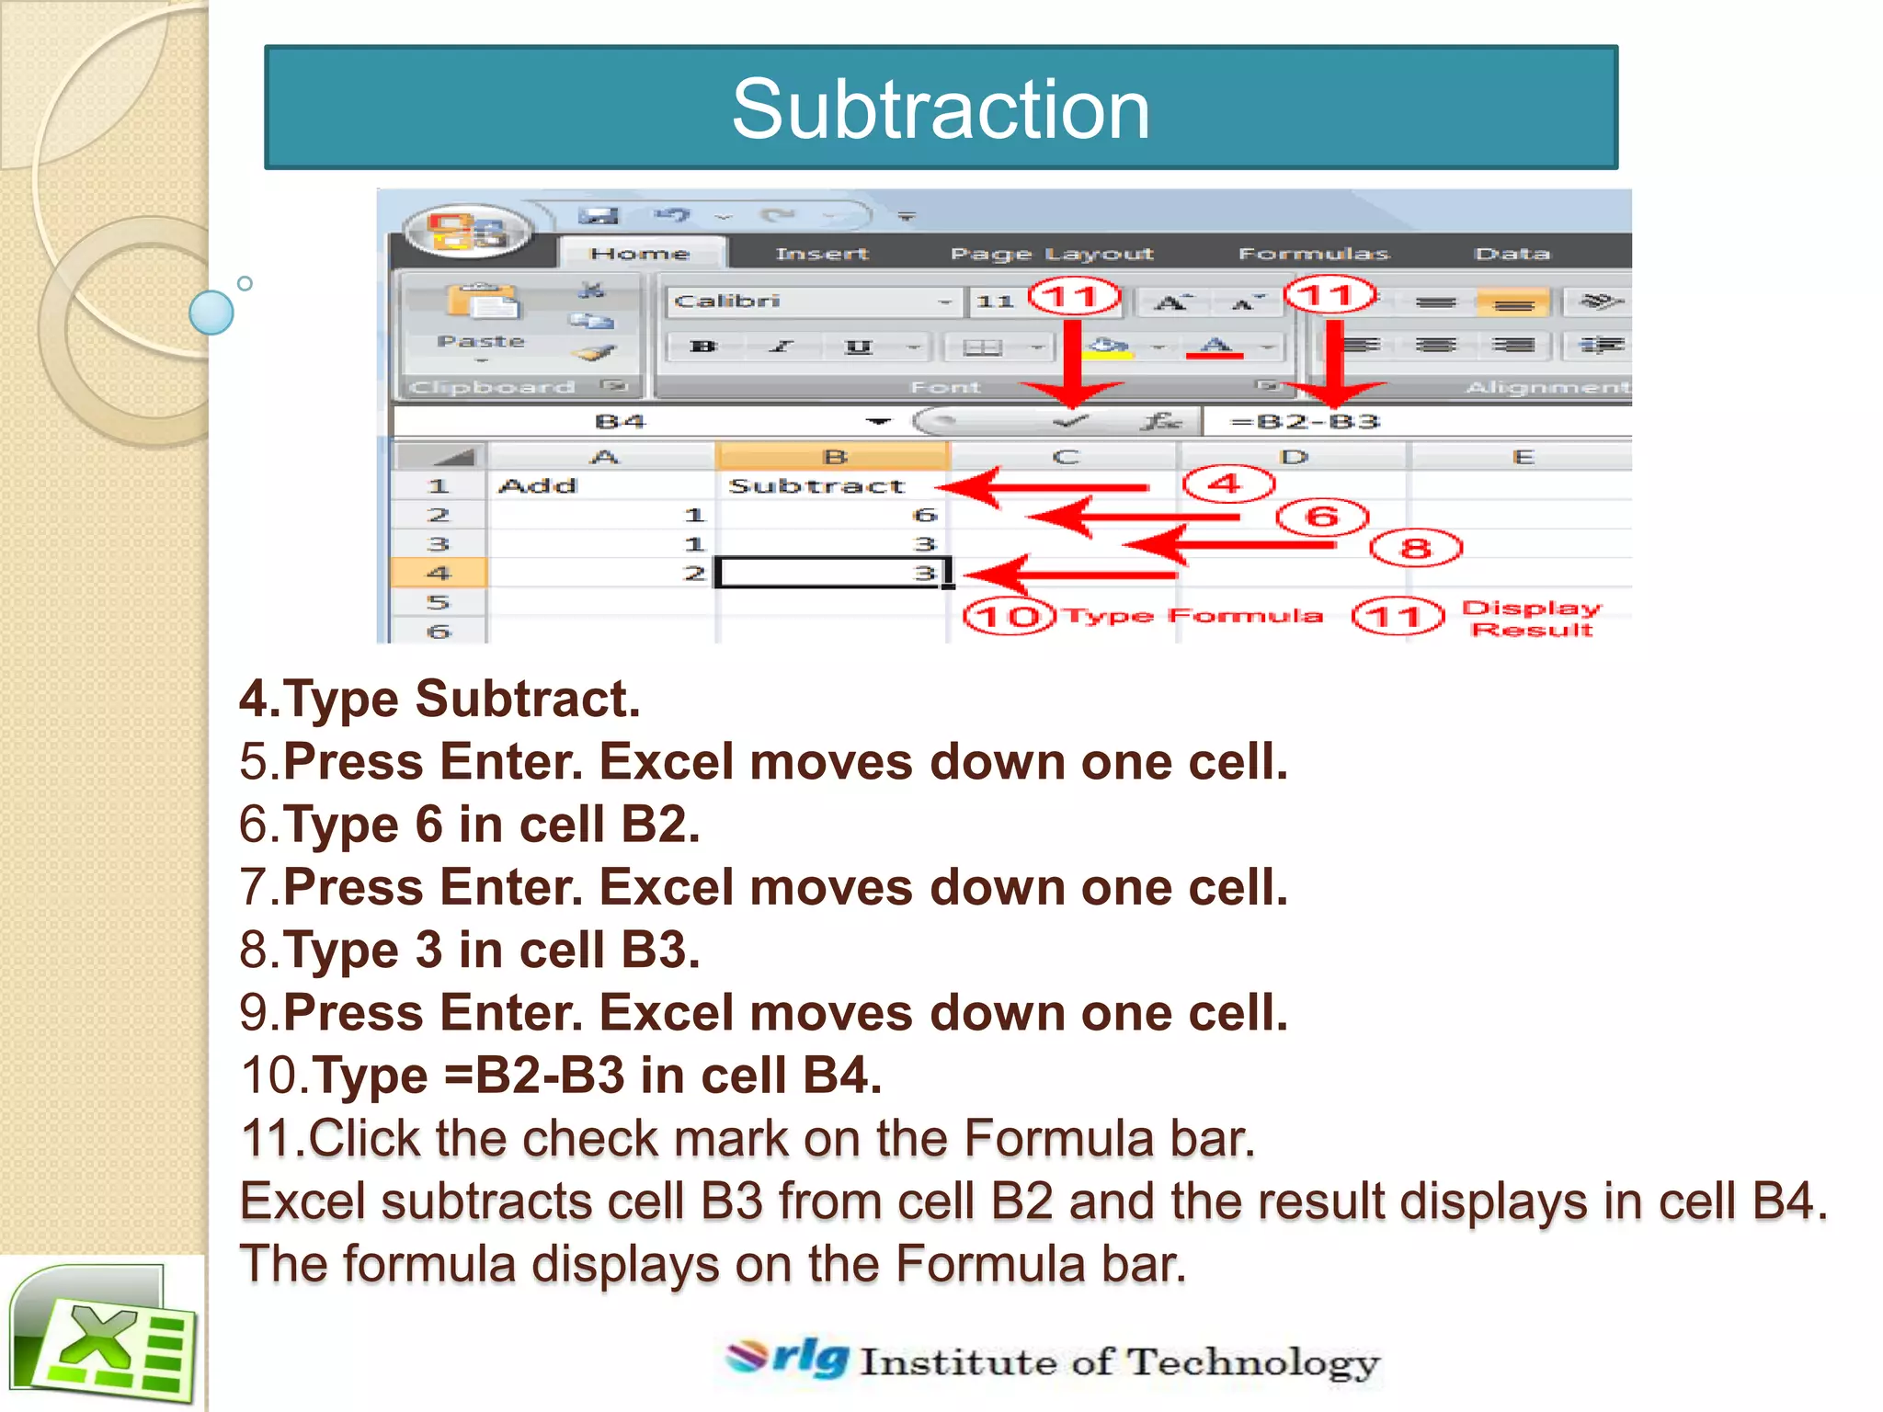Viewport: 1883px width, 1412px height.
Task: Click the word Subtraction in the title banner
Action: click(941, 109)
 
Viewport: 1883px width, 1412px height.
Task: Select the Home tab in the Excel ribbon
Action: click(640, 253)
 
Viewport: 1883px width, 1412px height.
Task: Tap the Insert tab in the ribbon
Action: click(821, 253)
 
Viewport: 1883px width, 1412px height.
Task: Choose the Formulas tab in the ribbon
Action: click(1313, 253)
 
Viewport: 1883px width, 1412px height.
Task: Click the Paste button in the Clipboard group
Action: click(481, 317)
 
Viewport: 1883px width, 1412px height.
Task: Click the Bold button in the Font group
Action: click(702, 347)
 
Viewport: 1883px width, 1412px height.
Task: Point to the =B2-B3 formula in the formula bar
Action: click(1305, 421)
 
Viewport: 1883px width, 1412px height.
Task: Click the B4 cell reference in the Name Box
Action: click(621, 421)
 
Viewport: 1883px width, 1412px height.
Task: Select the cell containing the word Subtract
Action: click(816, 485)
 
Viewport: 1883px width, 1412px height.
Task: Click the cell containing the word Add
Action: click(538, 485)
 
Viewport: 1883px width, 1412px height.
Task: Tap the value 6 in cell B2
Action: click(924, 515)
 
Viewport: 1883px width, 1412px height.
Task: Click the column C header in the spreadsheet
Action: click(1065, 457)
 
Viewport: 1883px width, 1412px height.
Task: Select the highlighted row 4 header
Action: click(439, 573)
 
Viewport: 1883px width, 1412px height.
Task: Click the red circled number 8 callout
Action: click(1415, 549)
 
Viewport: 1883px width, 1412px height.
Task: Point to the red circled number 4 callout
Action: click(1227, 484)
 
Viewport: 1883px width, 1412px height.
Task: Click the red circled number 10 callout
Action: click(1008, 616)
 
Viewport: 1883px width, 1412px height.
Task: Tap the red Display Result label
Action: click(1532, 619)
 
